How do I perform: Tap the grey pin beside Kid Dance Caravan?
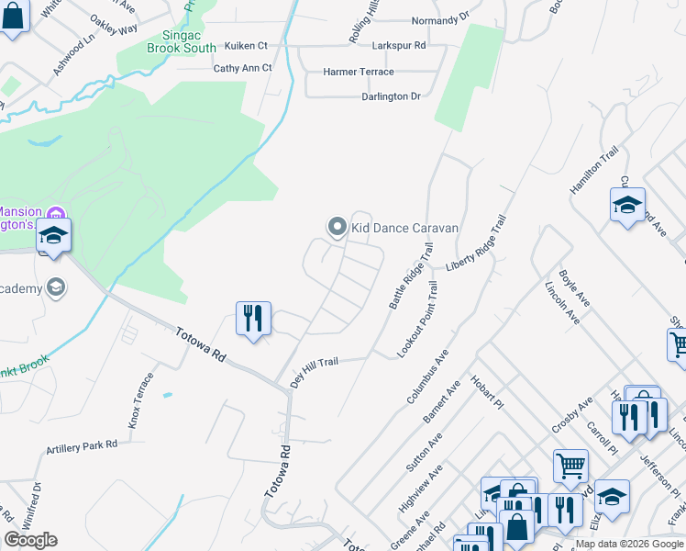pyautogui.click(x=337, y=226)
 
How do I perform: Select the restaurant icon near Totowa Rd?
pyautogui.click(x=252, y=319)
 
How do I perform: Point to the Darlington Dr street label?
pyautogui.click(x=391, y=96)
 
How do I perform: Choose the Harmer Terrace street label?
pyautogui.click(x=359, y=72)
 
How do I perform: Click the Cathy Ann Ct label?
pyautogui.click(x=242, y=68)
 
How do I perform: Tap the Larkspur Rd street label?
pyautogui.click(x=399, y=44)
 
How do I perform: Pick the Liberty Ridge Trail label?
pyautogui.click(x=476, y=243)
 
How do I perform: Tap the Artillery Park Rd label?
pyautogui.click(x=83, y=447)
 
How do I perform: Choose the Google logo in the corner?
pyautogui.click(x=30, y=540)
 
